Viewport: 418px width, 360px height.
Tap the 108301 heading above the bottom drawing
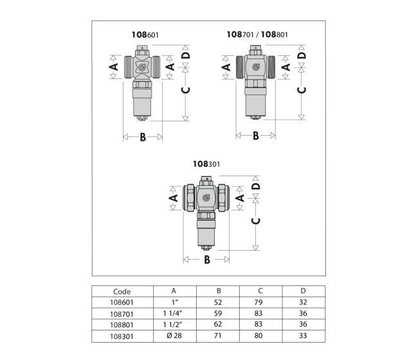[x=206, y=164]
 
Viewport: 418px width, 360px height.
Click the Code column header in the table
[x=122, y=291]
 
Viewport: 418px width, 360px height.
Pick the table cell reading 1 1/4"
[x=173, y=314]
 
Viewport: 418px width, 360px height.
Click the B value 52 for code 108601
[x=217, y=303]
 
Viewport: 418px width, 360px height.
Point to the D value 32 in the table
[x=304, y=303]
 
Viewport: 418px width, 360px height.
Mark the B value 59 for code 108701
[x=217, y=314]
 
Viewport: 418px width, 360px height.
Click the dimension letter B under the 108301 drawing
[x=207, y=260]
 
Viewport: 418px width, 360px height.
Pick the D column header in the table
[x=304, y=291]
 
